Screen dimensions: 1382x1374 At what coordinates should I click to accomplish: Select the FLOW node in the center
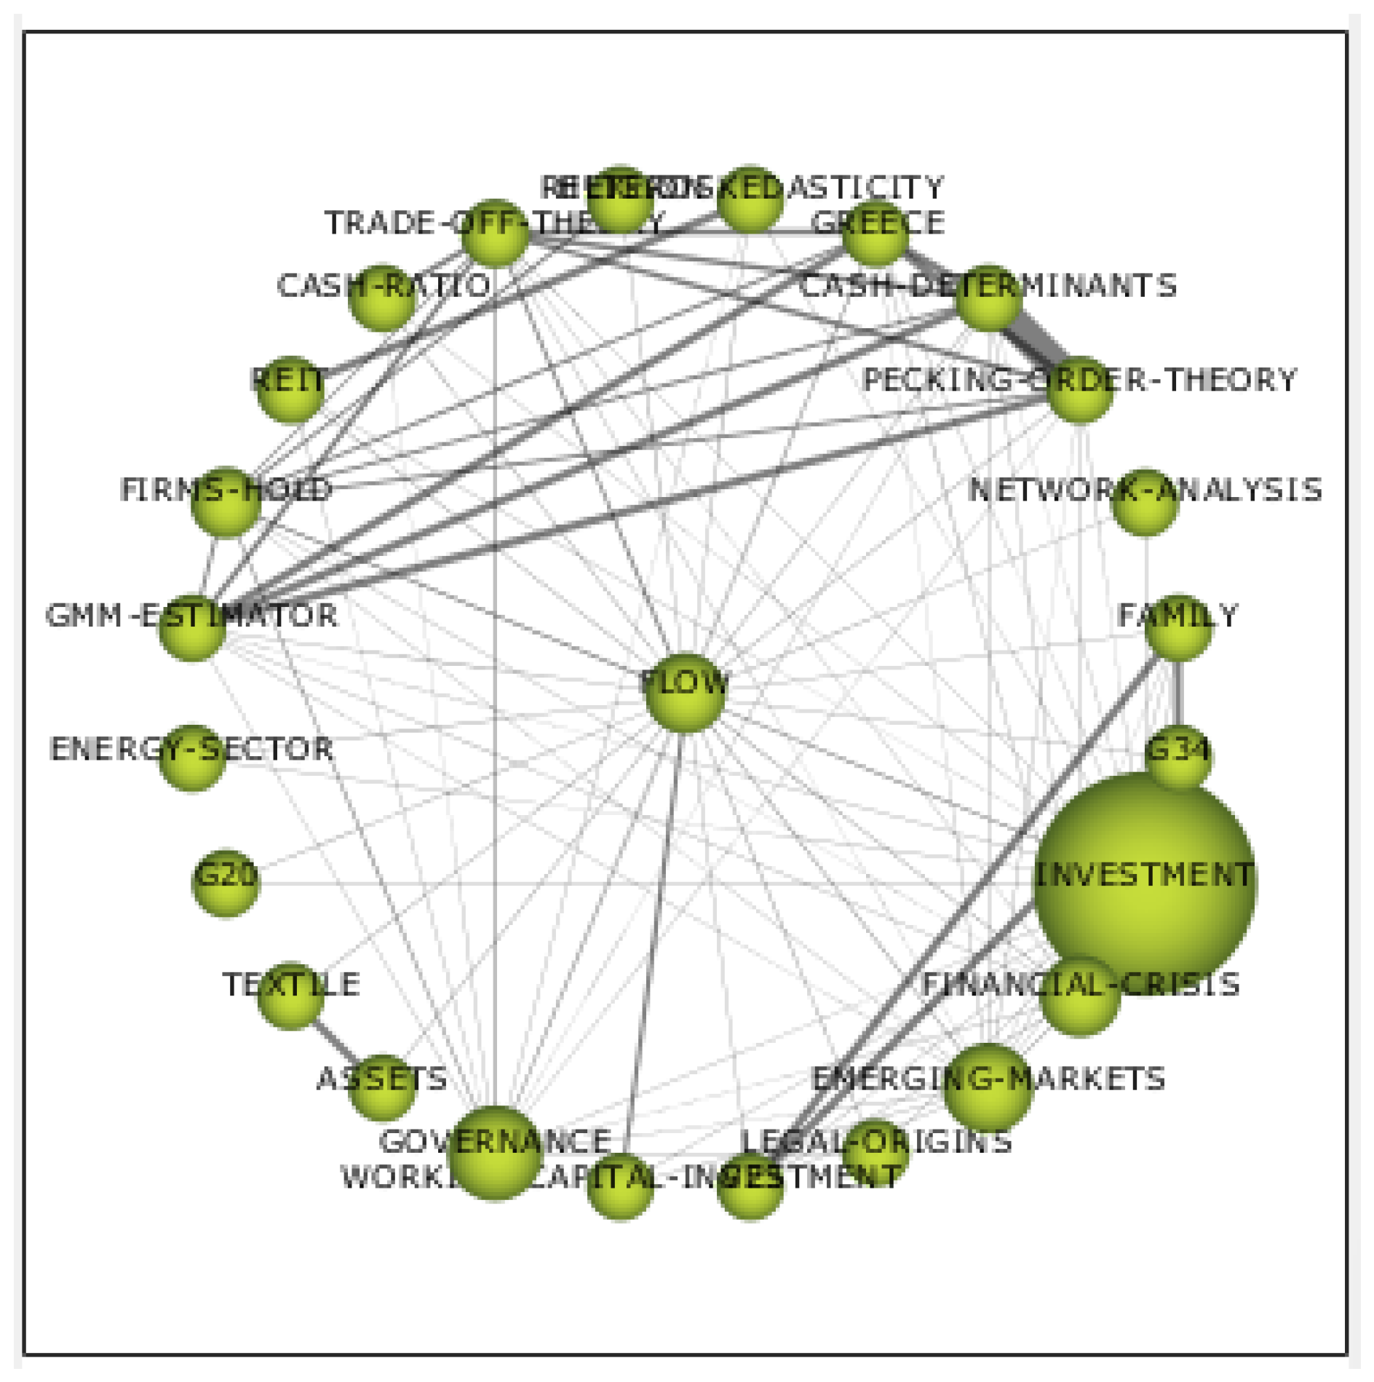[x=685, y=692]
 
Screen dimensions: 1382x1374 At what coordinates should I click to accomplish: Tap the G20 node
[x=226, y=883]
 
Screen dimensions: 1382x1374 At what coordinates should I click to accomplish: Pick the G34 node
[x=1178, y=757]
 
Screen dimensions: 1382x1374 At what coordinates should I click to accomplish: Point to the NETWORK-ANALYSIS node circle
[x=1145, y=503]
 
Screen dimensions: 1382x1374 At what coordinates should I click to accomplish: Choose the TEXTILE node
[x=290, y=995]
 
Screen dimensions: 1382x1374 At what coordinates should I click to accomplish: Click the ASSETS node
[x=382, y=1087]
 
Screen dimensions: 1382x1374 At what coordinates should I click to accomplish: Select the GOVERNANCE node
[x=495, y=1152]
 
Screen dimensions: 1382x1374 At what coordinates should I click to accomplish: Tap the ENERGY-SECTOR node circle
[x=192, y=758]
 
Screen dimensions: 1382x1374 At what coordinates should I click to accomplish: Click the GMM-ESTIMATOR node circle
[x=192, y=627]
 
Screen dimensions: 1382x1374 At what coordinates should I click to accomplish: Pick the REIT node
[x=290, y=389]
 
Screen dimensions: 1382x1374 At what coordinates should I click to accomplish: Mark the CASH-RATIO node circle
[x=382, y=298]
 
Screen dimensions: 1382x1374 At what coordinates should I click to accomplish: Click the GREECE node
[x=875, y=234]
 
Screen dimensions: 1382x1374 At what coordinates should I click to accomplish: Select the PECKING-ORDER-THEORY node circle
[x=1079, y=389]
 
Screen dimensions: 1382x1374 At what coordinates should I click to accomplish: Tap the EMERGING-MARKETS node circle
[x=988, y=1087]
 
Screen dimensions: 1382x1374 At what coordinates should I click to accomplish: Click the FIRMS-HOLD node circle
[x=226, y=503]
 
